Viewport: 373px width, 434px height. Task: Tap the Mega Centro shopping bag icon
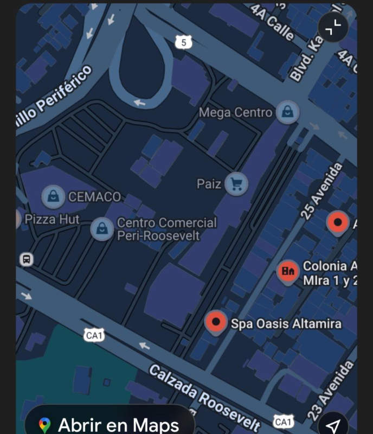(x=287, y=112)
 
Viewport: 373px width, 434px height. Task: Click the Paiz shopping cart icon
(x=236, y=184)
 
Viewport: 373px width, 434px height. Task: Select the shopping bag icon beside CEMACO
(x=53, y=196)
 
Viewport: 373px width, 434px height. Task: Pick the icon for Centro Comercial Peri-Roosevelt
(x=102, y=228)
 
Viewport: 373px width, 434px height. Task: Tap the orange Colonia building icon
(x=288, y=271)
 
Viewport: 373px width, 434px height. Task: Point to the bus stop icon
(x=26, y=259)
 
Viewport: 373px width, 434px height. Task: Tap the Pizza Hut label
(x=52, y=219)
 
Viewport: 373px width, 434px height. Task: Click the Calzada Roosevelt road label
(x=204, y=398)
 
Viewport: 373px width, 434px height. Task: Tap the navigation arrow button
(x=334, y=425)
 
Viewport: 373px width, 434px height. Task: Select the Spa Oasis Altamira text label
(x=286, y=324)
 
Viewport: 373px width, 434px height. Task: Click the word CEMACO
(x=94, y=196)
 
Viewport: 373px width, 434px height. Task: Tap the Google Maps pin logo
(x=45, y=425)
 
